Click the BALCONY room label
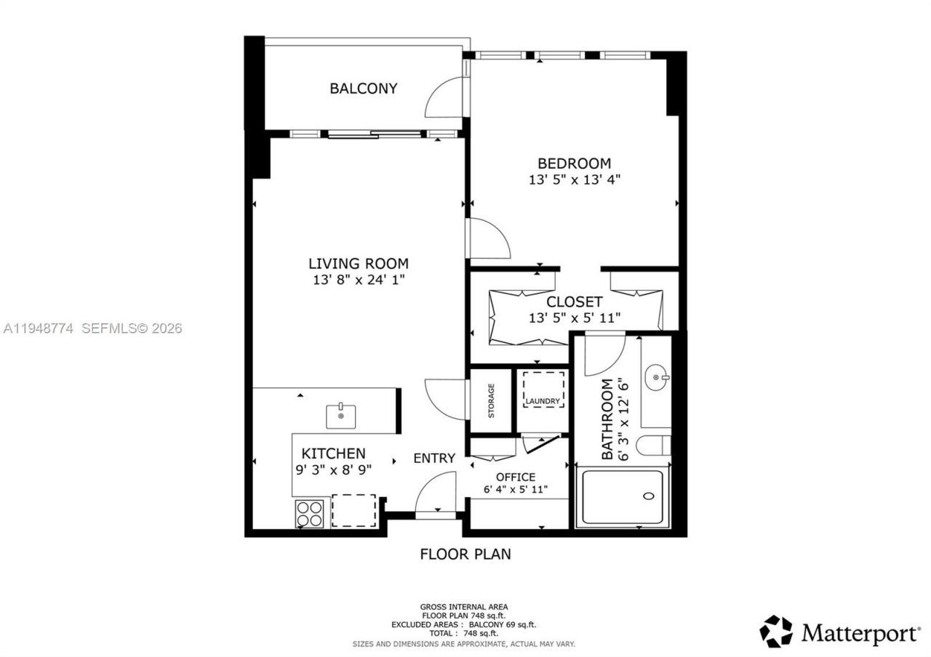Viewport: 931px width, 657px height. [x=363, y=89]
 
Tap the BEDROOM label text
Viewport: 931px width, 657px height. [x=574, y=164]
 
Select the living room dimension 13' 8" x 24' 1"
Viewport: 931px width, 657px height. [x=358, y=280]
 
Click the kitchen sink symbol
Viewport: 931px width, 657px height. [x=340, y=416]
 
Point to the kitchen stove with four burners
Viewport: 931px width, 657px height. [x=309, y=513]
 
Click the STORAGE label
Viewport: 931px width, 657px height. [x=491, y=400]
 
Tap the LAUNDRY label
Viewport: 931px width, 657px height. [x=543, y=401]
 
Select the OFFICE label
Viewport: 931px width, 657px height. [x=515, y=477]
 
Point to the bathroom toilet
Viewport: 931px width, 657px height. [x=653, y=444]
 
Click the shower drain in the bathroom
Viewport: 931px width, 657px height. [x=649, y=497]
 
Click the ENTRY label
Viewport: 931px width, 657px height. [x=434, y=459]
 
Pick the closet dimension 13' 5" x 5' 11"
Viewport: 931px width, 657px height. [x=574, y=317]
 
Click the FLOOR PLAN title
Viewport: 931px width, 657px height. [x=465, y=554]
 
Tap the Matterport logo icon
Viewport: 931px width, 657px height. [x=776, y=631]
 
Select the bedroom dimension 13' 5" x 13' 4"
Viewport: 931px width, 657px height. [x=574, y=180]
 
